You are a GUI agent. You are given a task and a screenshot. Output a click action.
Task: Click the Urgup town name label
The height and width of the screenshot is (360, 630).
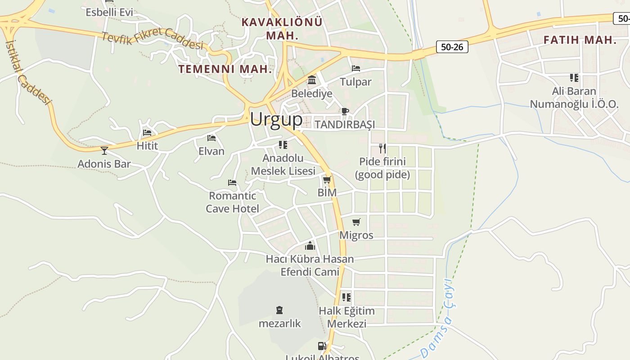point(276,119)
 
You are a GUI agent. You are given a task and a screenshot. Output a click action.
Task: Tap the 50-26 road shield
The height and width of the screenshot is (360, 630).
point(452,47)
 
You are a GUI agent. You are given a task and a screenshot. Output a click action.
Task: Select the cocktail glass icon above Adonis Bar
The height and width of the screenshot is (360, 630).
point(104,150)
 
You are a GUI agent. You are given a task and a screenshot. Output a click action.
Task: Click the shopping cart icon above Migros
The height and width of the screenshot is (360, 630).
point(356,222)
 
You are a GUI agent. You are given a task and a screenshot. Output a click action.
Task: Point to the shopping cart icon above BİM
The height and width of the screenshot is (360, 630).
point(327,180)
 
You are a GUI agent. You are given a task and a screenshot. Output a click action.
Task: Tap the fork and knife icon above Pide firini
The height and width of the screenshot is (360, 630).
point(382,148)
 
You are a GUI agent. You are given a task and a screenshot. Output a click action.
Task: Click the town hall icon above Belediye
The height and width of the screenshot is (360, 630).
point(311,80)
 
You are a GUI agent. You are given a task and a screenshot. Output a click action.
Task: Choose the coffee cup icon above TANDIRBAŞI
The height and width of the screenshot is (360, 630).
point(345,111)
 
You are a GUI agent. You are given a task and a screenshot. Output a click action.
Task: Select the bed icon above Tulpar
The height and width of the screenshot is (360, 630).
point(356,68)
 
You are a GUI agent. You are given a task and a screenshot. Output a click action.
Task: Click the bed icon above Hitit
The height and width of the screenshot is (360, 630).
point(147,133)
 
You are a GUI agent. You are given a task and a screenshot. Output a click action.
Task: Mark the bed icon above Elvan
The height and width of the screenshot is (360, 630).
point(211,138)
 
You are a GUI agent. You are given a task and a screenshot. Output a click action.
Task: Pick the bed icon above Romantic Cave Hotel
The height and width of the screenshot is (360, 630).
point(232,182)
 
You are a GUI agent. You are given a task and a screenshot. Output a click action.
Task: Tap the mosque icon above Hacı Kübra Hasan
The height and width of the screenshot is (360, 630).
point(310,246)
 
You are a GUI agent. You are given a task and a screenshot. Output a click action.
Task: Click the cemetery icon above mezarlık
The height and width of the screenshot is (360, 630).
point(279,310)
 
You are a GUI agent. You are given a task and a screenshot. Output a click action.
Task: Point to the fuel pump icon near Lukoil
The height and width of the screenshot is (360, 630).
point(322,346)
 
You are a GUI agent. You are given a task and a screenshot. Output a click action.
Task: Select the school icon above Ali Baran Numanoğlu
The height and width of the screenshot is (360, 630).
point(574,78)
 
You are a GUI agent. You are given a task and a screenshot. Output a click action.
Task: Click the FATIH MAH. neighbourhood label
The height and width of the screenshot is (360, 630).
point(580,40)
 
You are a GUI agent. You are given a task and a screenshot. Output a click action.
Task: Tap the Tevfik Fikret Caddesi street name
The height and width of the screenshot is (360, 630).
point(153,39)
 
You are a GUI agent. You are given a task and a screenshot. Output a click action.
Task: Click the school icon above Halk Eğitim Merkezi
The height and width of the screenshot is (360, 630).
point(346,297)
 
